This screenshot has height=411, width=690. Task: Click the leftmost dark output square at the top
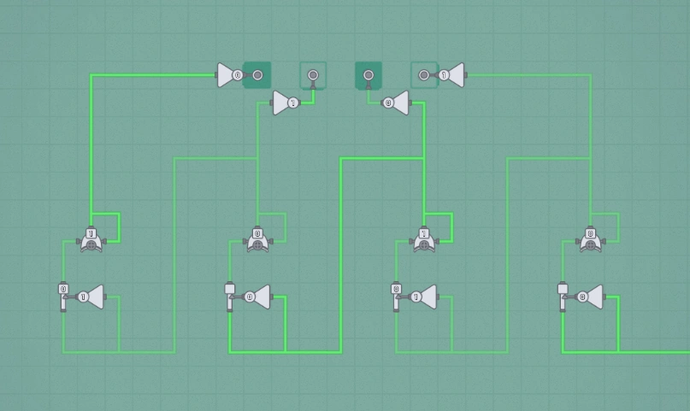point(257,75)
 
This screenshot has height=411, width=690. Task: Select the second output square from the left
point(313,75)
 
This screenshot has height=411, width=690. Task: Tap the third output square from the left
point(369,75)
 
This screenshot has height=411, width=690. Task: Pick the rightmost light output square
point(424,75)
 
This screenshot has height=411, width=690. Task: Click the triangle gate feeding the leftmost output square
point(229,75)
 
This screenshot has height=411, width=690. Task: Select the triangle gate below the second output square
point(286,103)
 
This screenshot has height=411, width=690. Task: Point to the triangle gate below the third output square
point(396,103)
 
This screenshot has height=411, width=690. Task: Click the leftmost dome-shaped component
point(91,239)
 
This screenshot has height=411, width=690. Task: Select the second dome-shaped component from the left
point(258,239)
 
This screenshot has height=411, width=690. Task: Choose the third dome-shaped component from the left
point(424,239)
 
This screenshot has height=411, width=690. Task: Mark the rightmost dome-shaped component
point(590,239)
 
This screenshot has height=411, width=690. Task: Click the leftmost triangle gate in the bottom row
point(90,297)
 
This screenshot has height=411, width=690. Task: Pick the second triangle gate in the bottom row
point(257,297)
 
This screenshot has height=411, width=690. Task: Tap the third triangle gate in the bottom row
point(422,297)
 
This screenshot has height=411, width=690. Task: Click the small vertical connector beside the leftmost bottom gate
point(63,297)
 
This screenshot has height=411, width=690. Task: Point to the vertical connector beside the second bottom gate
point(229,297)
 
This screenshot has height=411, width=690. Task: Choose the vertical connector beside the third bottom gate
point(396,297)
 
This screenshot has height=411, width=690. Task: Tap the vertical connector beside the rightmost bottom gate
point(562,297)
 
